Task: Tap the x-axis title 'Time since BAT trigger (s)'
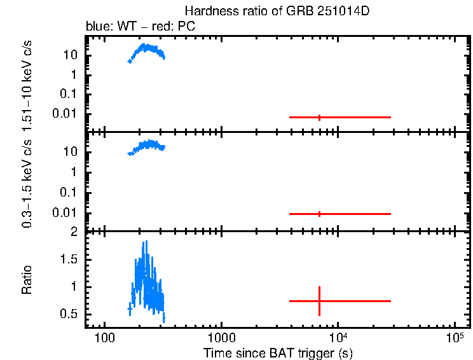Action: tap(278, 352)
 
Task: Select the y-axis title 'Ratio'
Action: tap(28, 280)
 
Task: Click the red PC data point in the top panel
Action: tap(319, 117)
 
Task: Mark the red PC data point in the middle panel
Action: tap(319, 214)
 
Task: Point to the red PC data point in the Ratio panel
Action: tap(319, 301)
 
